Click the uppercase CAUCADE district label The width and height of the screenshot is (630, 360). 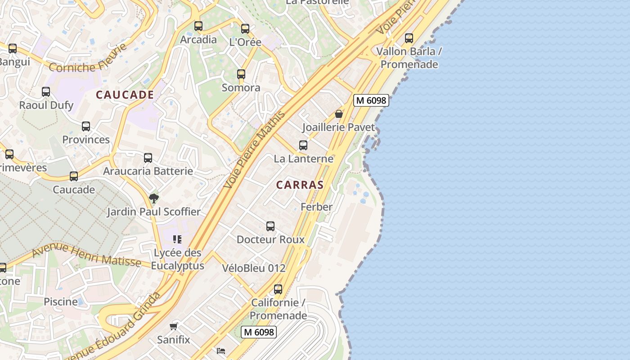coord(125,95)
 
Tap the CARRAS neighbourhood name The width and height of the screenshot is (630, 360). coord(300,185)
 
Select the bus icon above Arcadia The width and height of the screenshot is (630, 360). coord(198,26)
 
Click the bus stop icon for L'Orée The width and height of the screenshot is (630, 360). coord(245,29)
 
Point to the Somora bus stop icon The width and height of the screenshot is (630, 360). coord(241,74)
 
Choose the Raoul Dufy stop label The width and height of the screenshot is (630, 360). coord(46,105)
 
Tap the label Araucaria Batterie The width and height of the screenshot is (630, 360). coord(148,171)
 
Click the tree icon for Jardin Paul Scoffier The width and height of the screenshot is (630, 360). coord(154,198)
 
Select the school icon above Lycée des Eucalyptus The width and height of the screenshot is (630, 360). coord(177,239)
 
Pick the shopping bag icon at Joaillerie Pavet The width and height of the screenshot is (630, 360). coord(339,114)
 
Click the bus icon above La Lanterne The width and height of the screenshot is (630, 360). coord(303,145)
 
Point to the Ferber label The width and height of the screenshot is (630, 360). coord(316,207)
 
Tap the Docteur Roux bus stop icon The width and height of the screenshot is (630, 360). coord(270,226)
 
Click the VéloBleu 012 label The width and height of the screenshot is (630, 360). coord(254,268)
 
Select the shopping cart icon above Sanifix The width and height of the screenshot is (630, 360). coord(174,326)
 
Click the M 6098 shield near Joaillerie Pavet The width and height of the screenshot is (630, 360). coord(371,100)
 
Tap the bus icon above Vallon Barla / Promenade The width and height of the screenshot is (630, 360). coord(409,38)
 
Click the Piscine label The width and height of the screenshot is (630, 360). coord(61,301)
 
